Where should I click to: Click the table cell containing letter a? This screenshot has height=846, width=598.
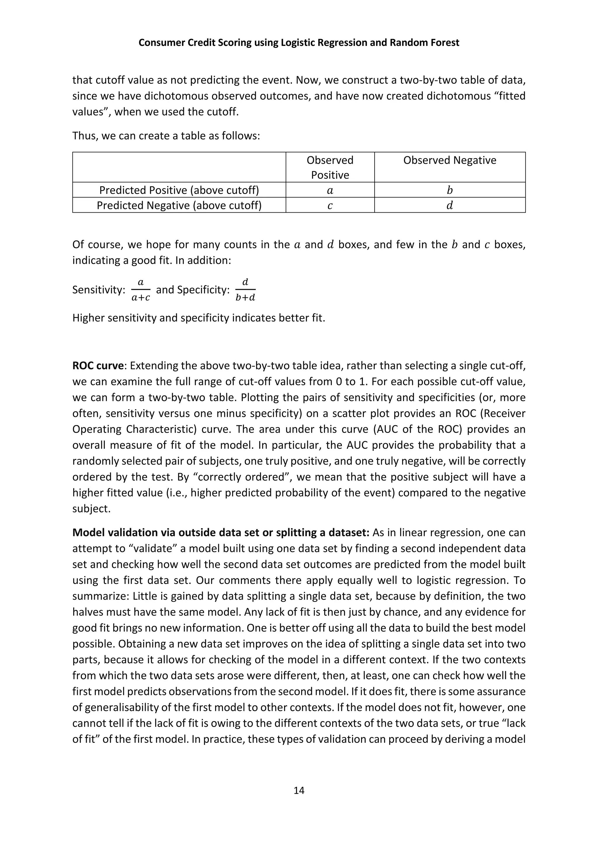click(330, 190)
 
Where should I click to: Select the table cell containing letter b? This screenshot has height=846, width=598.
click(450, 190)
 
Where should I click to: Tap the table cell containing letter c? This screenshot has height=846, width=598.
click(330, 205)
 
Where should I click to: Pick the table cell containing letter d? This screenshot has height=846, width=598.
click(450, 205)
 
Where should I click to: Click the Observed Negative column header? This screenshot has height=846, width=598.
click(450, 160)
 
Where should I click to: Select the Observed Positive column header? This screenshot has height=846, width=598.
click(330, 167)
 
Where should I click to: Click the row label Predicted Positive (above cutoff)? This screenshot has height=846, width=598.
click(179, 190)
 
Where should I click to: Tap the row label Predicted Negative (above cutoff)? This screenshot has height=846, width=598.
click(179, 205)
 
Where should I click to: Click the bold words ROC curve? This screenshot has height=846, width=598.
click(98, 366)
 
